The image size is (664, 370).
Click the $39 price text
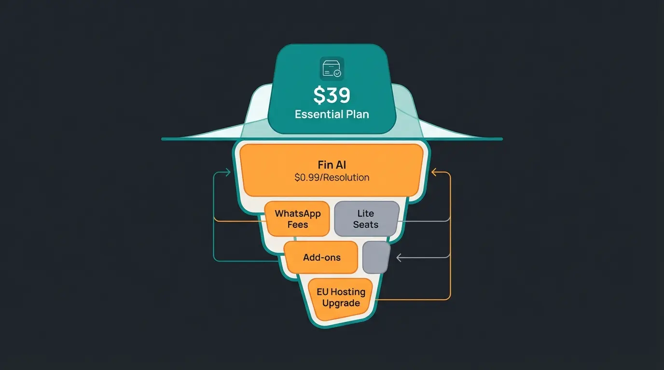pos(332,95)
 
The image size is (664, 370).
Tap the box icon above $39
pos(332,68)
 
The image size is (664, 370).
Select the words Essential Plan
pos(332,115)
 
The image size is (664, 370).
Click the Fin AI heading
pos(332,165)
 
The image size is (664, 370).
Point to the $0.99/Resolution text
pos(332,177)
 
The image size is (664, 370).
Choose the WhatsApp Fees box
pos(297,219)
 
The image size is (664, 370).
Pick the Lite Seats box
pos(366,219)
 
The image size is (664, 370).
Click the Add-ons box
pos(321,257)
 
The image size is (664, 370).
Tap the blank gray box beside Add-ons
pos(376,257)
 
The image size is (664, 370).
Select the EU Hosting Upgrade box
pos(341,298)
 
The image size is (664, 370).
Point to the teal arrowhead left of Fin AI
pos(228,172)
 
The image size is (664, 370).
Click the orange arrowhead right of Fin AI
pos(434,172)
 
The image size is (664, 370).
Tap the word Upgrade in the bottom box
pos(341,304)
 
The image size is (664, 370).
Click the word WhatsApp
pos(297,213)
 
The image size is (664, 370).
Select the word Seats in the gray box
pos(366,225)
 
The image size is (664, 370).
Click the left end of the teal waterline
pos(163,139)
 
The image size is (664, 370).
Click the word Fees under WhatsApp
pos(297,225)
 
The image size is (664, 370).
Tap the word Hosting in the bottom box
pos(348,292)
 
